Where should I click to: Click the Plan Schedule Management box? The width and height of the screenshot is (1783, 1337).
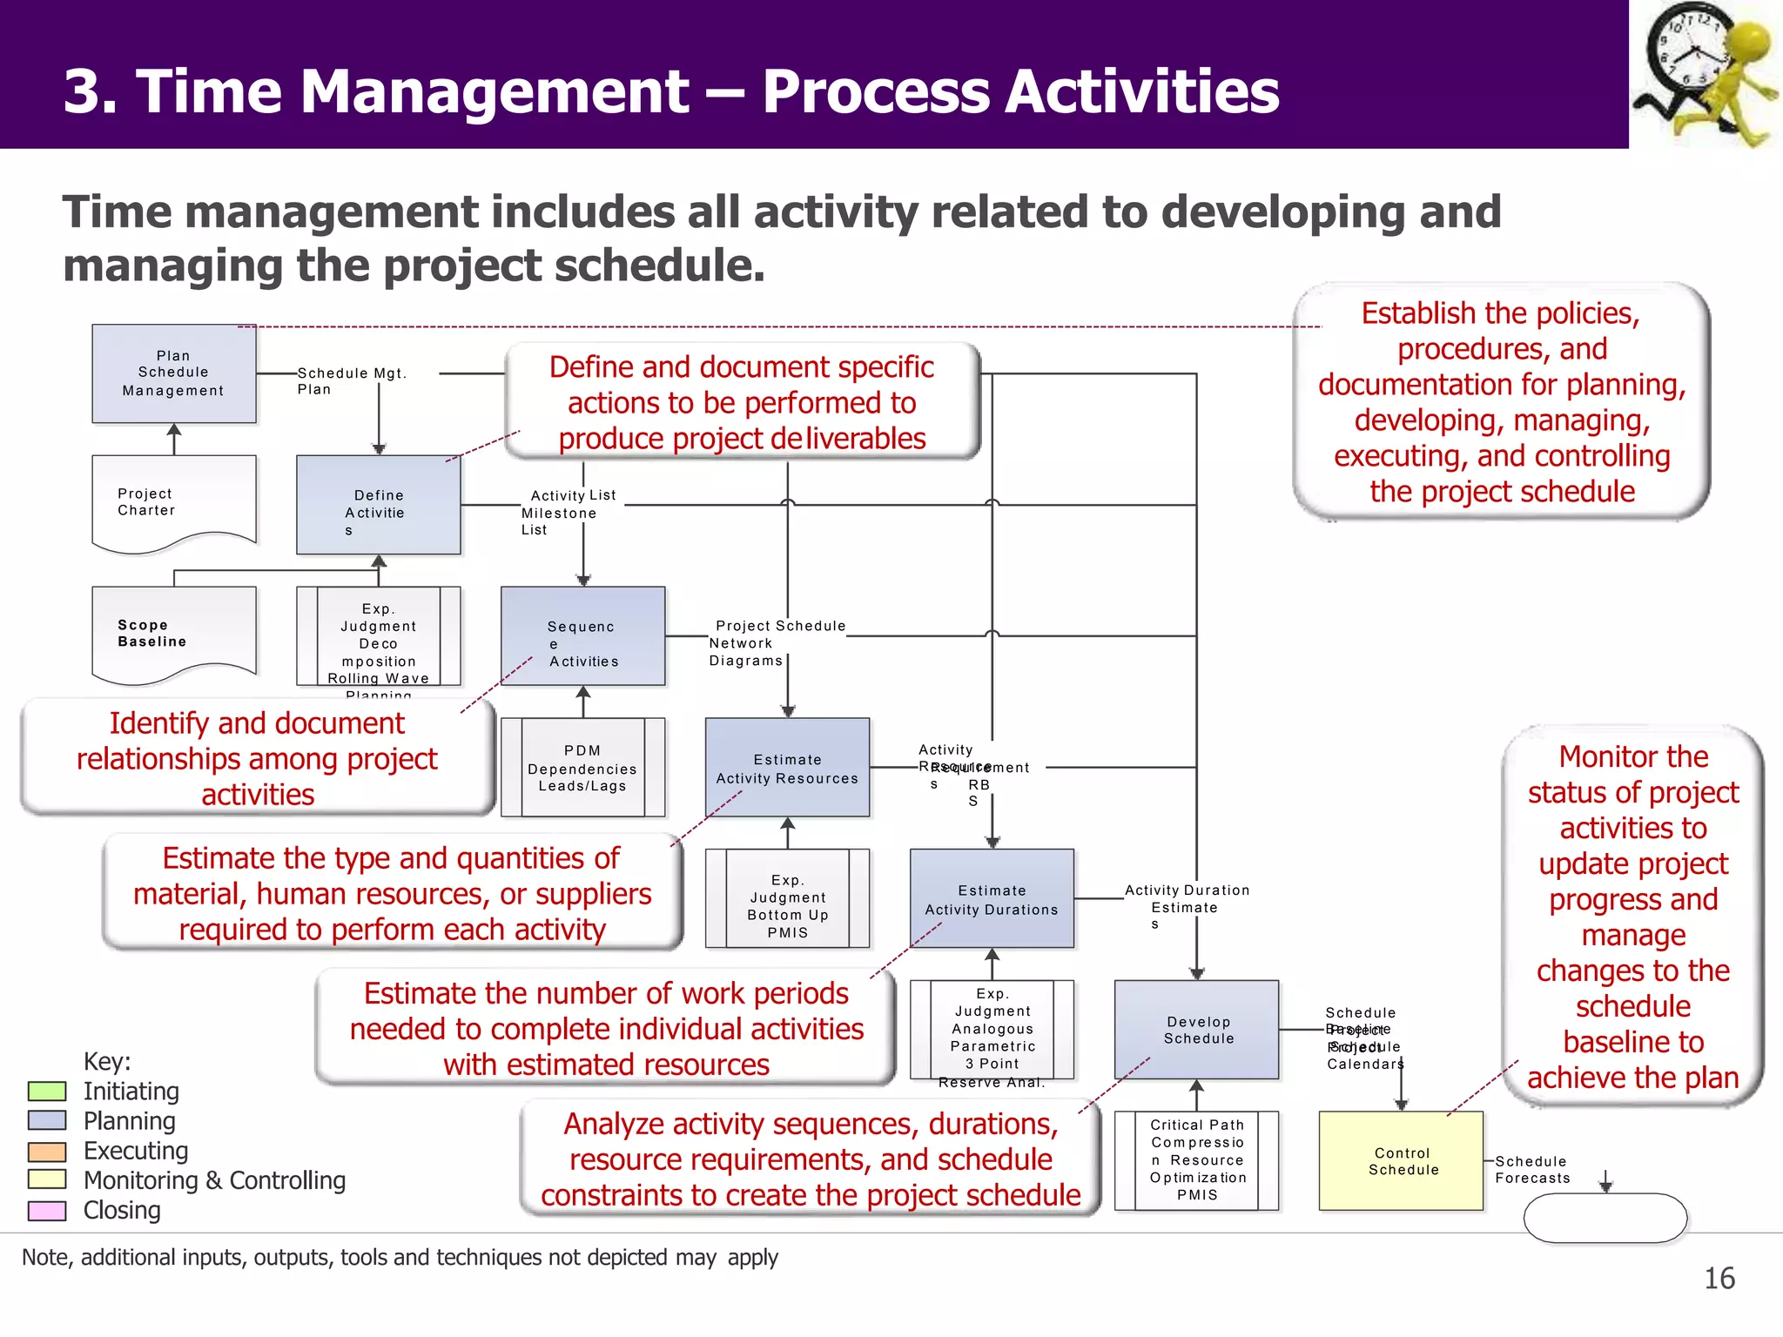coord(173,373)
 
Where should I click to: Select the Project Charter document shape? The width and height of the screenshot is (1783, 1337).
coord(173,502)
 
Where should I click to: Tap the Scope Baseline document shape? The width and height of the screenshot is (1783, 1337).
coord(173,633)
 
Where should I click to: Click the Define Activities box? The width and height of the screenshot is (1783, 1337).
coord(378,505)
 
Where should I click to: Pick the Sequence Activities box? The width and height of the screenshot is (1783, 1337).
coord(582,635)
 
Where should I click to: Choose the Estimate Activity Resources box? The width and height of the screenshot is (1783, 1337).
coord(787,767)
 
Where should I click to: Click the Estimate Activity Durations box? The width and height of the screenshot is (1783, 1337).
coord(992,898)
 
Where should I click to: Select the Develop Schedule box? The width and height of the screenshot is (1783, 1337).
coord(1196,1030)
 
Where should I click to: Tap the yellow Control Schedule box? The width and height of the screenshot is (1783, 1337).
coord(1401,1161)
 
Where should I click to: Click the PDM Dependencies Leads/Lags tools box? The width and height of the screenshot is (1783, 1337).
coord(582,767)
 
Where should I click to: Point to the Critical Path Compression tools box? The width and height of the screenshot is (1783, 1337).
coord(1196,1160)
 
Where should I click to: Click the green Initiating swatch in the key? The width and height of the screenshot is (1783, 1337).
coord(47,1092)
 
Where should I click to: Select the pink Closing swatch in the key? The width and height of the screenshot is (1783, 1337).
coord(47,1211)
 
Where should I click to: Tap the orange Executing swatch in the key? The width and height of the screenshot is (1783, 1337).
coord(47,1152)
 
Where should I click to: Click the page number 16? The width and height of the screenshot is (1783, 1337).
coord(1719,1278)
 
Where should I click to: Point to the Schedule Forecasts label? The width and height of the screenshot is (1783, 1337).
coord(1532,1170)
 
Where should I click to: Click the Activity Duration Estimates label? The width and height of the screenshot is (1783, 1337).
coord(1186,899)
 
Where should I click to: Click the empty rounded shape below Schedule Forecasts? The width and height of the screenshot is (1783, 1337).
coord(1605,1217)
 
